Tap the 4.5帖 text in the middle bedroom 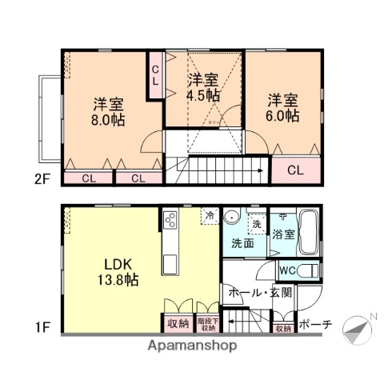click(x=204, y=94)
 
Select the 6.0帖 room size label click(x=283, y=115)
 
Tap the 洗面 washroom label click(x=243, y=242)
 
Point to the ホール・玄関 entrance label click(x=260, y=294)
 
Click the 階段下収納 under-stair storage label click(x=207, y=324)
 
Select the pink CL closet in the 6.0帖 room click(x=294, y=170)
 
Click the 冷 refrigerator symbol click(x=210, y=216)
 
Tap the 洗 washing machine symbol click(x=257, y=226)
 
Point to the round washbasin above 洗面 click(x=234, y=218)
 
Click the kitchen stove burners click(x=171, y=220)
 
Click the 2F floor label click(x=42, y=179)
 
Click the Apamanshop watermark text click(x=191, y=346)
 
